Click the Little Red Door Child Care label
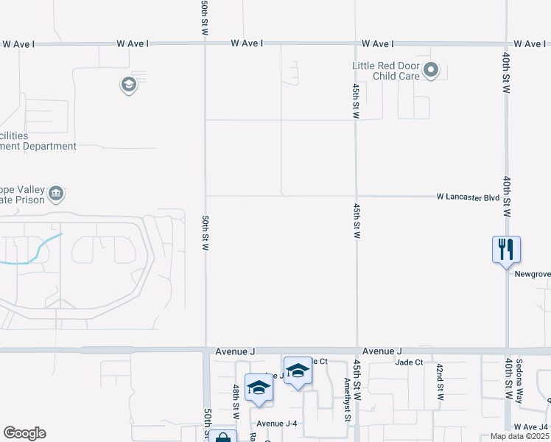coord(385,71)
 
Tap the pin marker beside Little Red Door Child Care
coord(432,71)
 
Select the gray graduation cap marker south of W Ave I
coord(129,85)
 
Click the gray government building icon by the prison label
coord(56,194)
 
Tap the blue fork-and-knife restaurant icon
coord(506,249)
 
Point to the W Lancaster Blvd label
coord(468,197)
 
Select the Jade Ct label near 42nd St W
coord(409,362)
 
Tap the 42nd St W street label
coord(440,382)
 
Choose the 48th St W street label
coord(236,401)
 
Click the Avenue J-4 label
coord(277,423)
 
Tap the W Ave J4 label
coord(531,427)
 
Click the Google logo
coord(24,433)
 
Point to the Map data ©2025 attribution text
coord(520,437)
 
